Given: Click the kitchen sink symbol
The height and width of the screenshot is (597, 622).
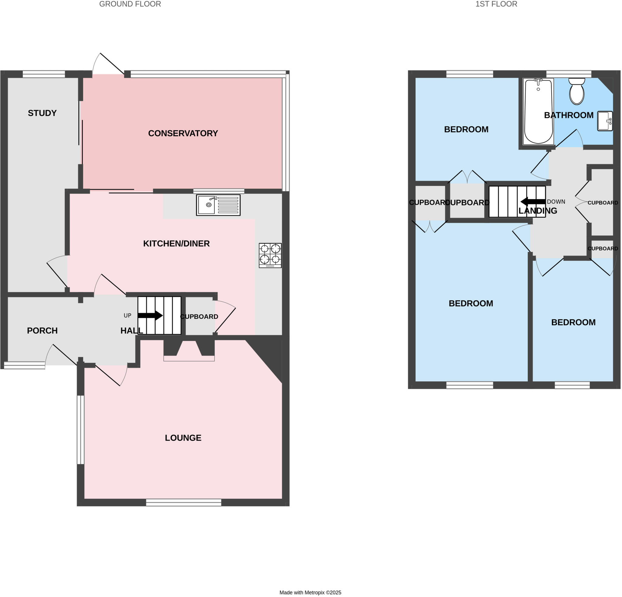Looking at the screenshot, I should coord(218,205).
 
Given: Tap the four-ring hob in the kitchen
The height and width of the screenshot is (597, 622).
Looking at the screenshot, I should coord(270,255).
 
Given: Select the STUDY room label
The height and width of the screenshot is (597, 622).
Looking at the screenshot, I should coord(42,113).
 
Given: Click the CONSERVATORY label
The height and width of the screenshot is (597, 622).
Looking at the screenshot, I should coord(183,133).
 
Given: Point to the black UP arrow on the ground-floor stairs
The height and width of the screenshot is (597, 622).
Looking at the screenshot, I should coord(150,315).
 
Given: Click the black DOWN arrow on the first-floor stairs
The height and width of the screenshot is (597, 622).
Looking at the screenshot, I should coord(533,201).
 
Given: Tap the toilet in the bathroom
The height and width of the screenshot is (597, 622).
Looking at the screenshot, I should coord(576,91).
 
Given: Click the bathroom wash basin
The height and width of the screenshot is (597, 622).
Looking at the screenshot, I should coord(605,121).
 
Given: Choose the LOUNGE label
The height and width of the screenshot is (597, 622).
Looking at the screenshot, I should coord(183,438).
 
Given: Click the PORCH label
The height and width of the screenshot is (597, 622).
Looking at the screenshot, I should coord(42,331).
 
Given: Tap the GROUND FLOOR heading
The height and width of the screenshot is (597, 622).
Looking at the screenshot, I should coord(130,4).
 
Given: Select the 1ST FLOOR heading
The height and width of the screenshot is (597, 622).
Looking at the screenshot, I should coord(496,4).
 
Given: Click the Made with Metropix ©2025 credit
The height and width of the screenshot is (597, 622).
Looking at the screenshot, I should coord(310,592).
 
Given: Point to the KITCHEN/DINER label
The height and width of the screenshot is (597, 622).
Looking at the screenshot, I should coord(176,243).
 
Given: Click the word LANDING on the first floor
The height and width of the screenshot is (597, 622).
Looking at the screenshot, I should coord(538,211).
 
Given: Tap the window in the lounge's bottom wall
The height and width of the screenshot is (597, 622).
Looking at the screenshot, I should coord(183,503).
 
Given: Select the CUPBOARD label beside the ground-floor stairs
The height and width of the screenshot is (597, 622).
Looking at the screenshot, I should coord(199,317).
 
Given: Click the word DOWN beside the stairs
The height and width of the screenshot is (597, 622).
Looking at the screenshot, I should coord(556,201).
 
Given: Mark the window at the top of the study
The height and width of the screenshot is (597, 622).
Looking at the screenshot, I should coord(44,74).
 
